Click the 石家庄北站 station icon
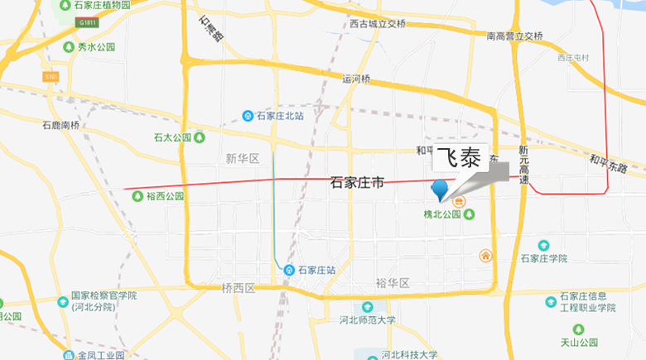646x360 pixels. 248,115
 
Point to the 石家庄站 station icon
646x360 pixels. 289,270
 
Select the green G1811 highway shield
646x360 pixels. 87,22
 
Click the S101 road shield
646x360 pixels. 51,76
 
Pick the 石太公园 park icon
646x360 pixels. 199,137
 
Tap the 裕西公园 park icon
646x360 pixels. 138,196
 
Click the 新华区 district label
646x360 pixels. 242,158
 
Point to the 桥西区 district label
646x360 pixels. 239,288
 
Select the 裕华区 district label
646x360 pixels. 393,283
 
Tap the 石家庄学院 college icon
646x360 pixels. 543,246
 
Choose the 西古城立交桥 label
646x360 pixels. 378,24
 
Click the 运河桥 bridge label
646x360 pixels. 357,79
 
